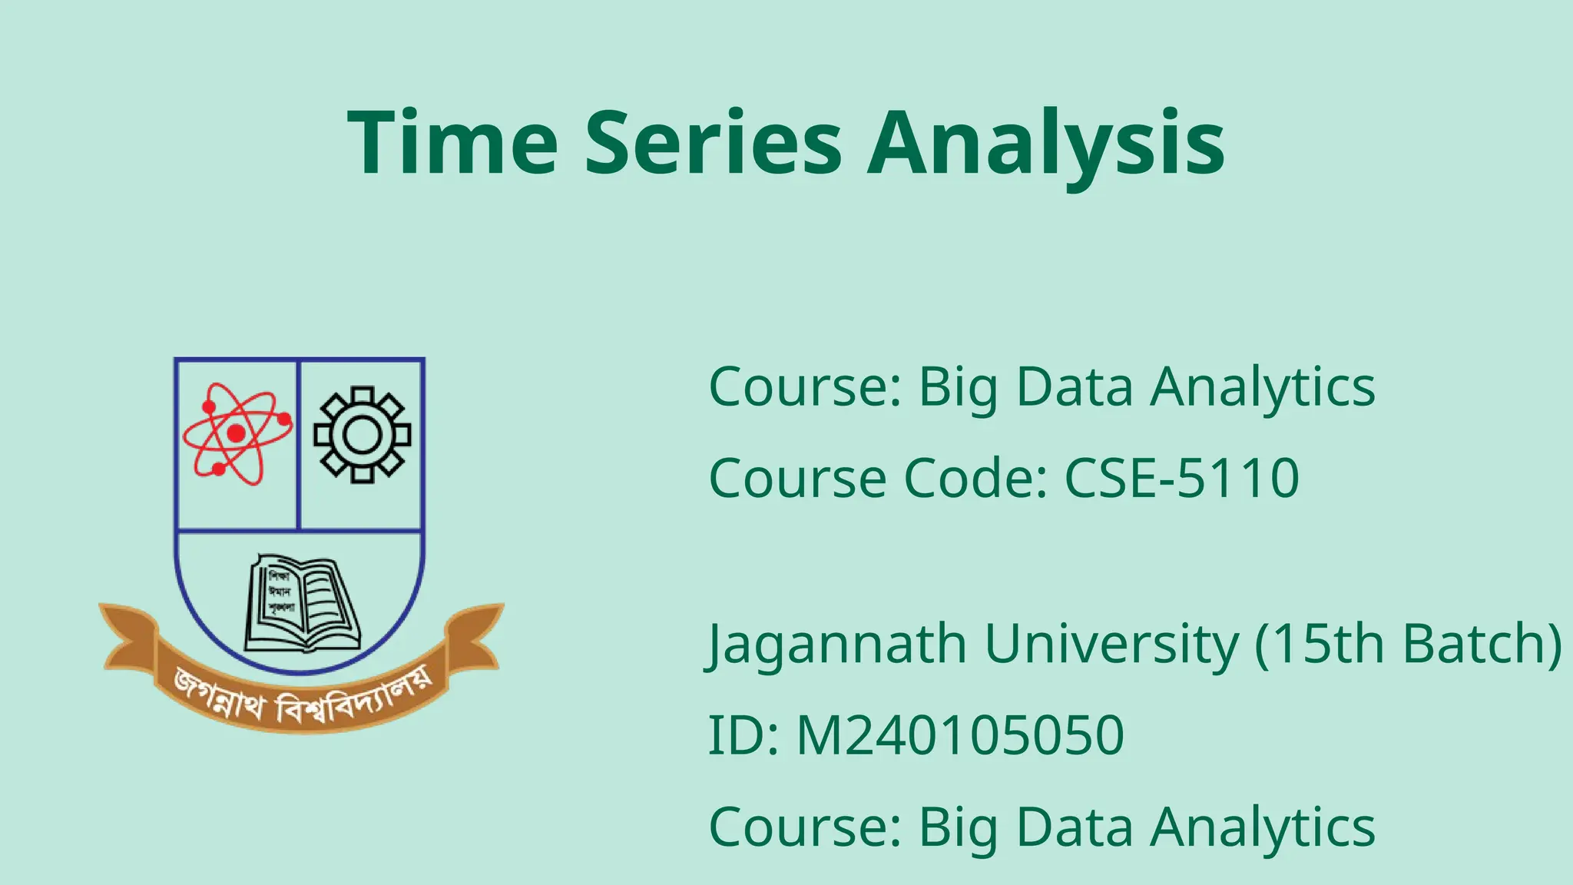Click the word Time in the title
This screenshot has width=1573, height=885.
point(452,143)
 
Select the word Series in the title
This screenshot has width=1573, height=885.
point(714,143)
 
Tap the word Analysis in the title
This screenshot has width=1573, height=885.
point(1045,144)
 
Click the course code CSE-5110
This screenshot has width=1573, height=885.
point(1181,478)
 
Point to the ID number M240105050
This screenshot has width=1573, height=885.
point(960,734)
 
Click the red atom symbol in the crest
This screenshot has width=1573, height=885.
point(237,433)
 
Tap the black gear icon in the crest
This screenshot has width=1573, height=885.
point(362,435)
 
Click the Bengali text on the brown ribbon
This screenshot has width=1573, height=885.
point(301,695)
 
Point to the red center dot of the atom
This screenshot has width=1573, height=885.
point(237,433)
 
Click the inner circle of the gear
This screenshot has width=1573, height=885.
point(362,436)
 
